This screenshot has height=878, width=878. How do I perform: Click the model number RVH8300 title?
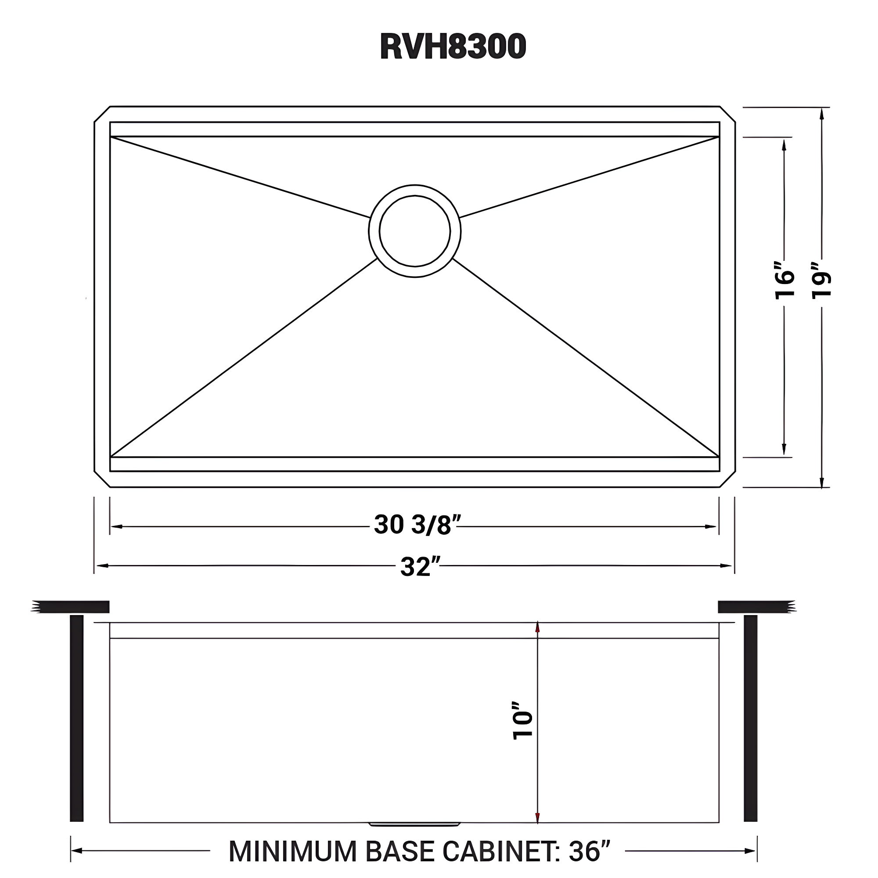tap(453, 47)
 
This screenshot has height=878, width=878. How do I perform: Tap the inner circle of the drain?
tap(414, 231)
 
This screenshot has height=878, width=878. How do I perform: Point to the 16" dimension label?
tap(784, 281)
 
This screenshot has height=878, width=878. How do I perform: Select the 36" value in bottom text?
tap(589, 851)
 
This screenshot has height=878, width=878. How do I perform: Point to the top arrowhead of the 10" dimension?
tap(538, 628)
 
